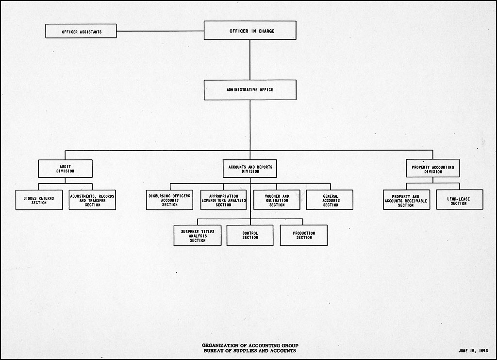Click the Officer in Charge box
click(x=250, y=31)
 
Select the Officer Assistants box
click(x=81, y=32)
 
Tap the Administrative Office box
click(x=250, y=90)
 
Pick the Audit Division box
click(x=65, y=169)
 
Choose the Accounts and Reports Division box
click(x=250, y=169)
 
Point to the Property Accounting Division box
click(x=432, y=169)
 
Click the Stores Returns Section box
click(x=39, y=200)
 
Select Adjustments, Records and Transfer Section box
click(x=92, y=200)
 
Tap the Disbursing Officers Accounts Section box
click(x=169, y=200)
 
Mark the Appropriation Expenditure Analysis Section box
click(x=223, y=200)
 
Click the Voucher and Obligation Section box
click(x=277, y=200)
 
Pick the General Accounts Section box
click(x=330, y=200)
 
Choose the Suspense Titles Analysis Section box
click(x=198, y=235)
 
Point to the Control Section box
click(x=250, y=235)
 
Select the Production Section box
click(x=304, y=235)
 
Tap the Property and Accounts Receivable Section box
click(x=406, y=200)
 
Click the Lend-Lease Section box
click(x=459, y=200)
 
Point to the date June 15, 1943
click(x=472, y=350)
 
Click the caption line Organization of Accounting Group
click(x=250, y=345)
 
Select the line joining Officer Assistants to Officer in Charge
click(x=160, y=32)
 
